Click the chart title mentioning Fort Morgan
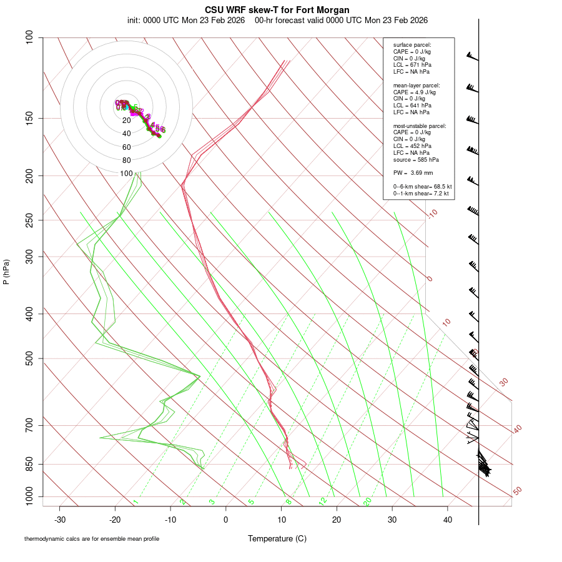pyautogui.click(x=277, y=10)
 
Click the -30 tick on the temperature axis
pyautogui.click(x=60, y=520)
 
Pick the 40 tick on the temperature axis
pyautogui.click(x=448, y=520)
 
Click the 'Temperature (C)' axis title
pyautogui.click(x=277, y=538)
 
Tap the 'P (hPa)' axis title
pyautogui.click(x=6, y=272)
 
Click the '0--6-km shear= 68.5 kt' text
pyautogui.click(x=422, y=187)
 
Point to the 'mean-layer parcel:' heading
pyautogui.click(x=417, y=85)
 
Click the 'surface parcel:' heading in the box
pyautogui.click(x=412, y=45)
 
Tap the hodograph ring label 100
pyautogui.click(x=126, y=174)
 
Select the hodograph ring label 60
pyautogui.click(x=126, y=147)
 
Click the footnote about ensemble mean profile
pyautogui.click(x=91, y=539)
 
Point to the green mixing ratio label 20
pyautogui.click(x=368, y=501)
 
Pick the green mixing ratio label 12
pyautogui.click(x=323, y=501)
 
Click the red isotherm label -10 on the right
pyautogui.click(x=432, y=214)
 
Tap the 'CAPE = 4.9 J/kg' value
pyautogui.click(x=414, y=92)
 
